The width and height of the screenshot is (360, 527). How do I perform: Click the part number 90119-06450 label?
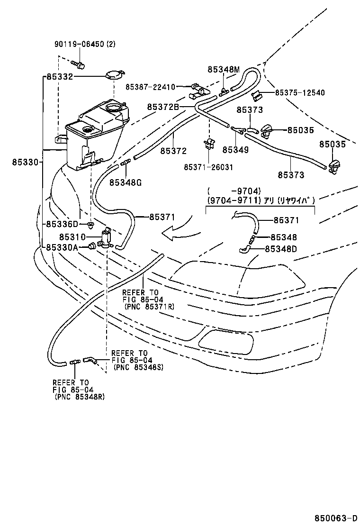coord(78,45)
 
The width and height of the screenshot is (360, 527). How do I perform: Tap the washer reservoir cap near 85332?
coord(114,75)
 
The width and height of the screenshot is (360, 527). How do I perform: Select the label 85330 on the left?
coord(25,162)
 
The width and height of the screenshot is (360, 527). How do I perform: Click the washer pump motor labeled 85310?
coord(107,236)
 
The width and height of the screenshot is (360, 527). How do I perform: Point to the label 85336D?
coord(62,224)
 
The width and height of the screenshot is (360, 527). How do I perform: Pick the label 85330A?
coord(62,247)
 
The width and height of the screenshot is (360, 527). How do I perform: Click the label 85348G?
coord(125,182)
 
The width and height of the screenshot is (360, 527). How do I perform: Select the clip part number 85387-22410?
coord(150,87)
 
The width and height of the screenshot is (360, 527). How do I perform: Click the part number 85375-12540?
coord(300,93)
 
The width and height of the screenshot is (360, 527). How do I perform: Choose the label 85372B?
coord(162,107)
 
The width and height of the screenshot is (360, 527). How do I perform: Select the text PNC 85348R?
coord(80,396)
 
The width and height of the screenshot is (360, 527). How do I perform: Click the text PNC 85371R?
coord(149,307)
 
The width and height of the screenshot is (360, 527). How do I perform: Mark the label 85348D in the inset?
coord(280,248)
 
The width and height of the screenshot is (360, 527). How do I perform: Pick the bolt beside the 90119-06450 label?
coord(78,63)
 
